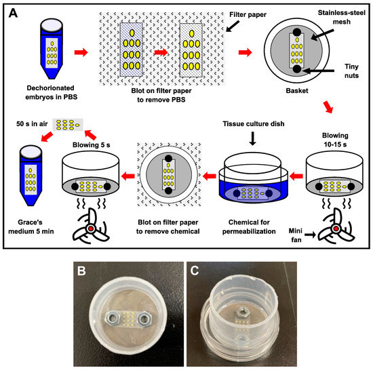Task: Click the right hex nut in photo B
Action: [144, 318]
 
